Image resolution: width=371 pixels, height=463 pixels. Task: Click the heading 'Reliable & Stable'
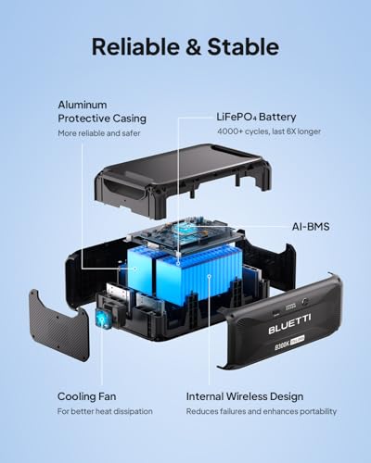pos(185,45)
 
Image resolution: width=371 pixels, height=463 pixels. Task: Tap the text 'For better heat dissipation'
pos(106,411)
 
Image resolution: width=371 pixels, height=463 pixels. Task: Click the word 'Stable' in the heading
pos(244,45)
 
